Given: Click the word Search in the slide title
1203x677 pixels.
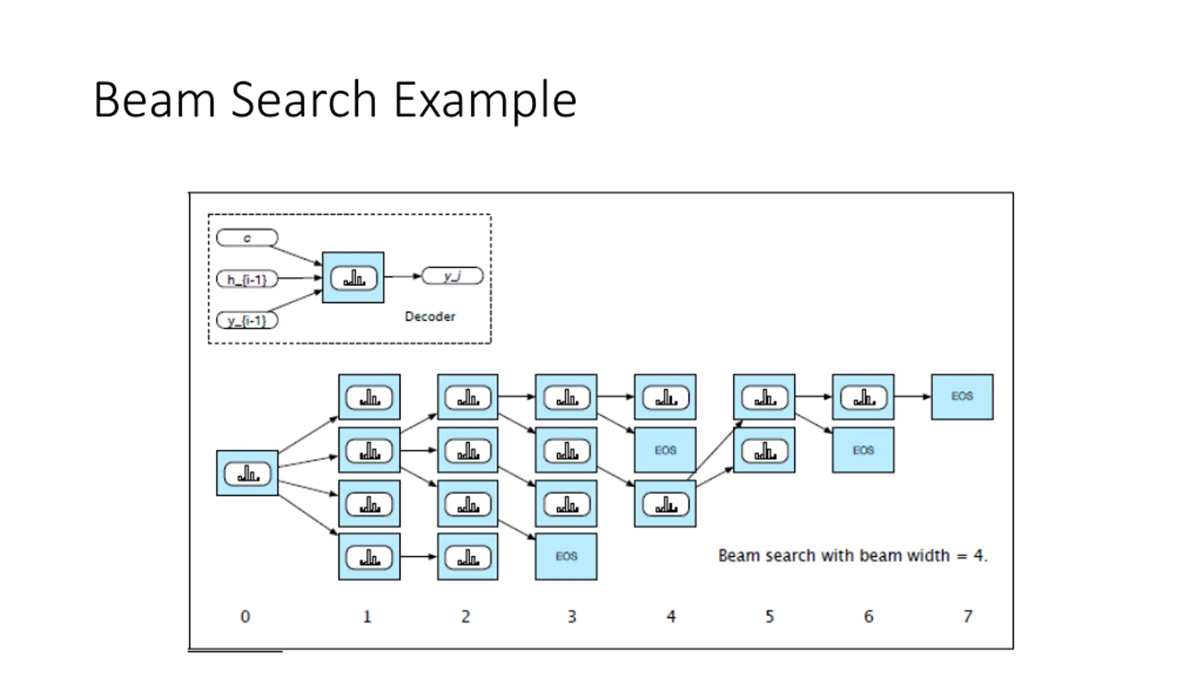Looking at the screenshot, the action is coord(304,99).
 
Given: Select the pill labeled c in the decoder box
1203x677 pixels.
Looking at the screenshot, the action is coord(247,238).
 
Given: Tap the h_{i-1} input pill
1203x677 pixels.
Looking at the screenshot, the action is coord(247,279).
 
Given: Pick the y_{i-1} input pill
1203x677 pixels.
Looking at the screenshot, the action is coord(247,321).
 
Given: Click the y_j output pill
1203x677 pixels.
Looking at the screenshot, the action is coord(452,276).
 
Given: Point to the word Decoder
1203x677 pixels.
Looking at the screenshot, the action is coord(430,316).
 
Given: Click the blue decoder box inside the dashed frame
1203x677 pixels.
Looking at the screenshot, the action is coord(353,277).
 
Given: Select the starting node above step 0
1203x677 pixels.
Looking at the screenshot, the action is coord(247,473).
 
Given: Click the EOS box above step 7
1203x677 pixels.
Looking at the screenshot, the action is coord(962,397).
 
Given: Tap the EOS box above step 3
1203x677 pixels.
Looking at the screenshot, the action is coord(566,557).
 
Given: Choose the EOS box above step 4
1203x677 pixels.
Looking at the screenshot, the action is coord(665,450).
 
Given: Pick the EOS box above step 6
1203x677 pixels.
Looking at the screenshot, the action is coord(863,450).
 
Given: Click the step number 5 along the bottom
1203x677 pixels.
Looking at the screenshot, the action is coord(769,616).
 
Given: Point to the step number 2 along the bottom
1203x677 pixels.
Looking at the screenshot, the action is coord(465,616).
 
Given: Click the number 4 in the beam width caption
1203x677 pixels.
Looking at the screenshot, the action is coord(979,556).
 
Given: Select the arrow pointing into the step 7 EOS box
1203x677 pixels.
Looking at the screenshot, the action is coord(913,397).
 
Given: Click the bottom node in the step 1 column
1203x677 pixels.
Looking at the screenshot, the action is coord(369,557).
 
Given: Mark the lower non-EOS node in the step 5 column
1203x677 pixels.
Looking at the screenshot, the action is coord(764,450).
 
